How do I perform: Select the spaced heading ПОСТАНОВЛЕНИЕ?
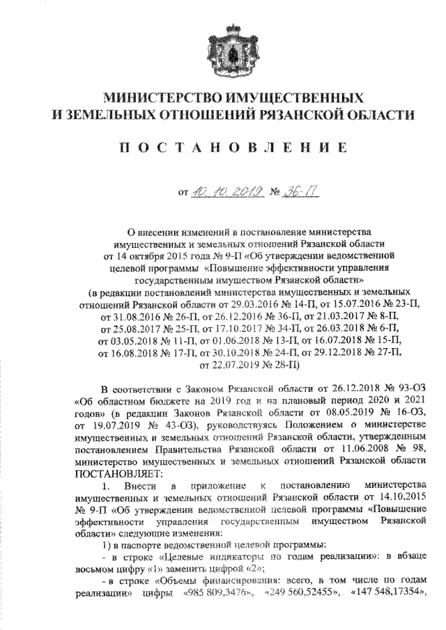(224, 147)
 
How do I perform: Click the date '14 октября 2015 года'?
(151, 255)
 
